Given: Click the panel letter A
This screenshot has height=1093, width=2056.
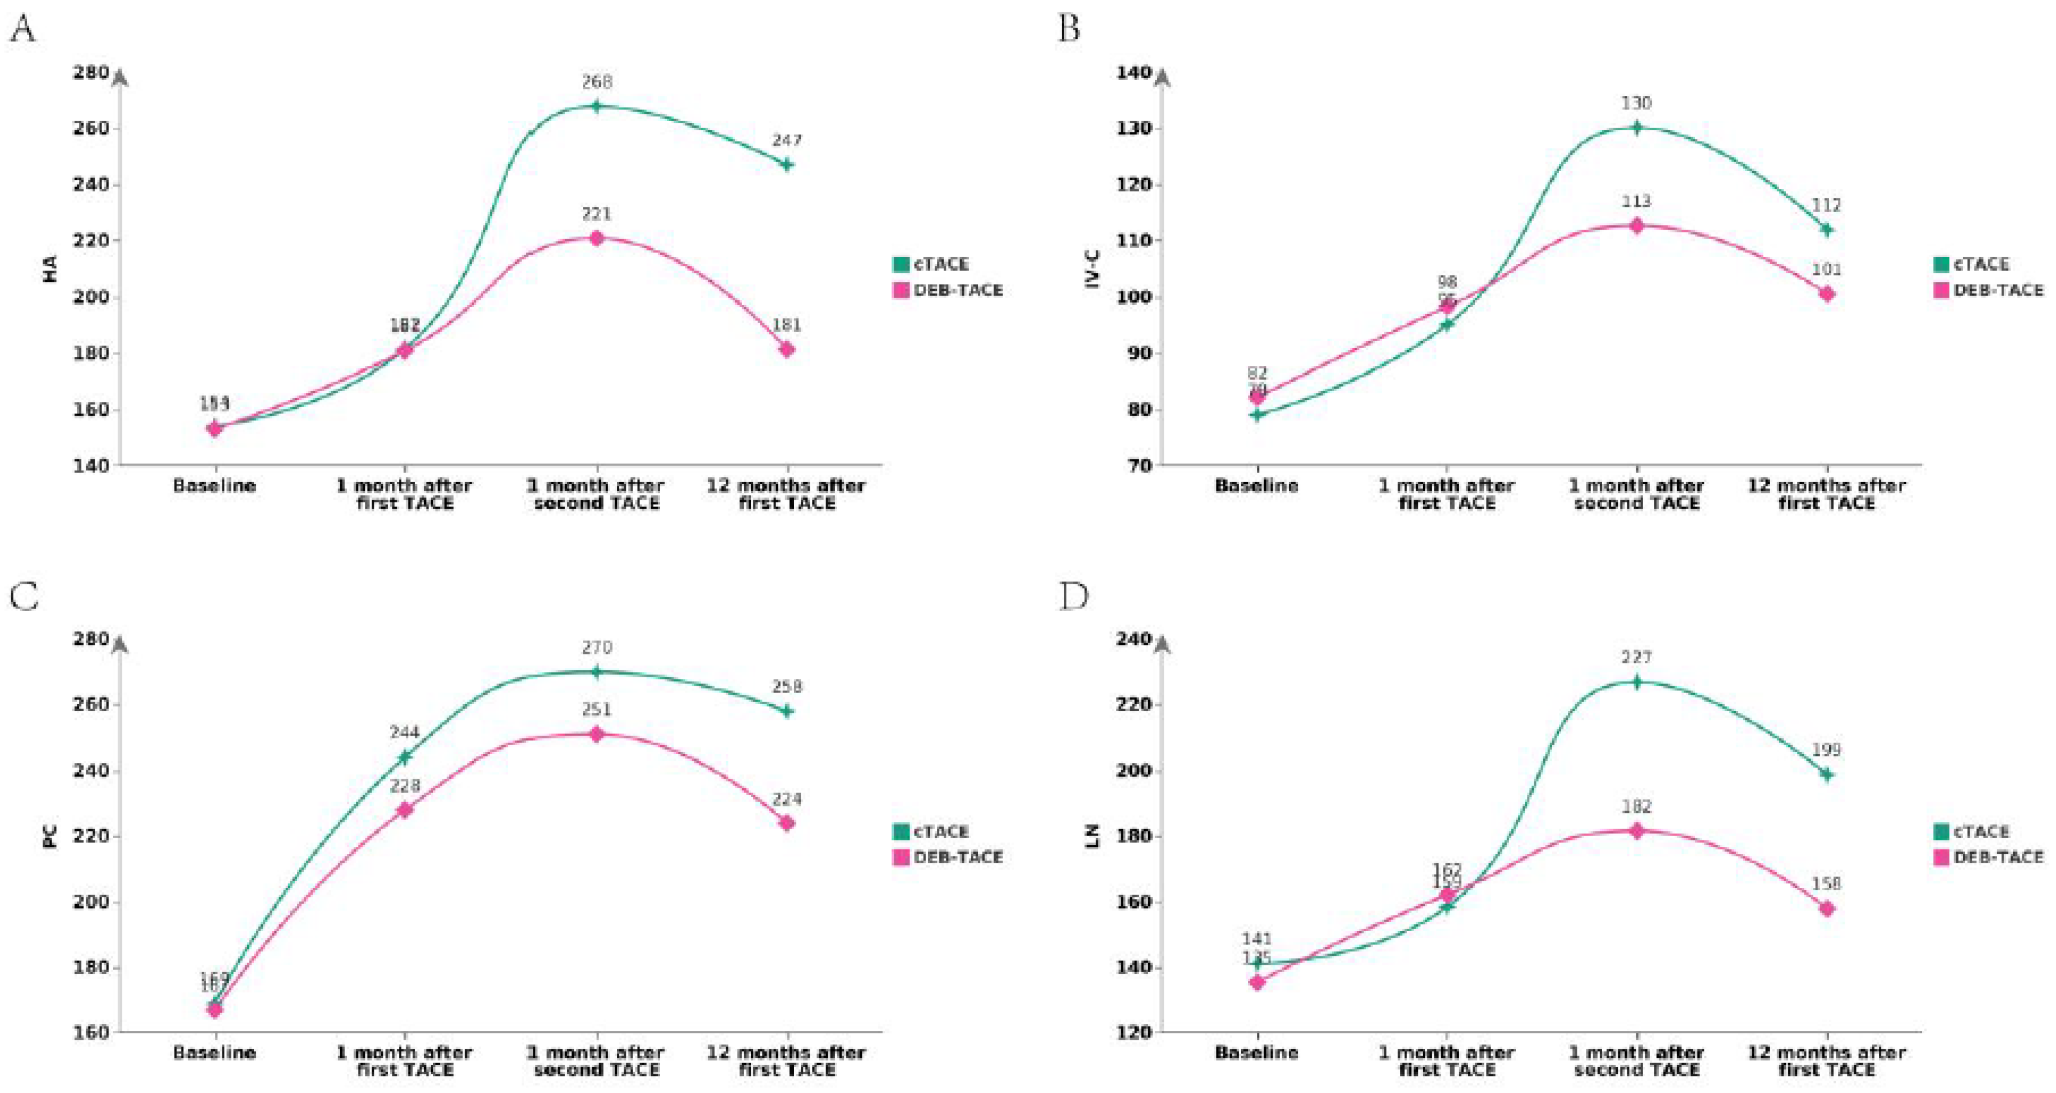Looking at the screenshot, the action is pos(22,30).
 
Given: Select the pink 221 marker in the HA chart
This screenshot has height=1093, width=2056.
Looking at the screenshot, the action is pos(596,238).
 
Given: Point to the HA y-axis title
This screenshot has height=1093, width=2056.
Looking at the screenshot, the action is pos(49,269).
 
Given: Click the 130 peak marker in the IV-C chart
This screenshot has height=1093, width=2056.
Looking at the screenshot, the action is pos(1636,128).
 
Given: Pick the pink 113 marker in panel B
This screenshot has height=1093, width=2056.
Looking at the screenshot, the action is pos(1636,226).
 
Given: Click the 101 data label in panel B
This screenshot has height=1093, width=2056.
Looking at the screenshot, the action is pos(1826,269).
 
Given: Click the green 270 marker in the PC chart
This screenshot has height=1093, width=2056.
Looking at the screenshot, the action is pos(596,672).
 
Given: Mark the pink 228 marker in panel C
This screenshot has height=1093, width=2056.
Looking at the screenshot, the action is pos(405,810).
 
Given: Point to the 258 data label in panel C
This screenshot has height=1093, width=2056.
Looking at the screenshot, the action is pos(787,687).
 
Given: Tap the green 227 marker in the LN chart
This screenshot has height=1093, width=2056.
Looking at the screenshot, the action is pos(1636,682).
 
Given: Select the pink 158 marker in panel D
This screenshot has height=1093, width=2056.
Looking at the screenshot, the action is pos(1826,909).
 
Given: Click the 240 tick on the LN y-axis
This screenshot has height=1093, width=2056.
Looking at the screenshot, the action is pos(1139,639).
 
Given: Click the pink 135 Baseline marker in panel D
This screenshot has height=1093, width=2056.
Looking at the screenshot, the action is pos(1257,982).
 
